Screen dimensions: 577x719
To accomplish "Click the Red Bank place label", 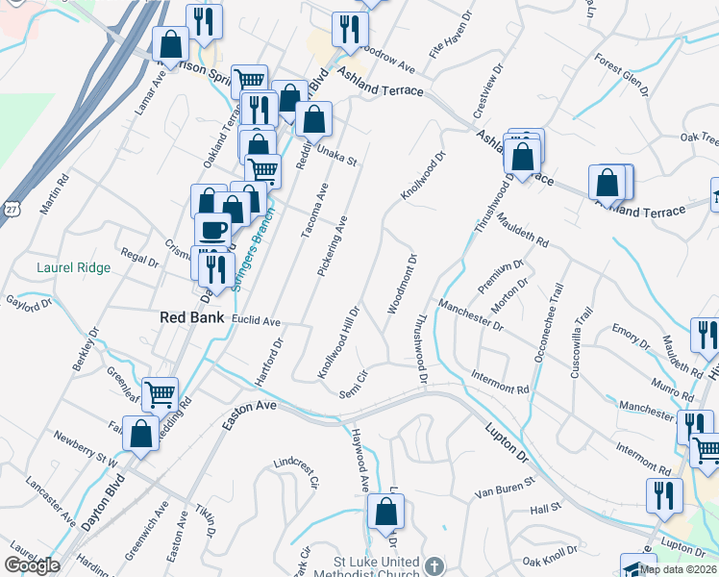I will click(192, 317).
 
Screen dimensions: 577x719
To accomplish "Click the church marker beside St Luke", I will click(434, 565).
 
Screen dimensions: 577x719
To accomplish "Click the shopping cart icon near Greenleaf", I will click(161, 393).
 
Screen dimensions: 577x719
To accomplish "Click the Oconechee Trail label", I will click(551, 327).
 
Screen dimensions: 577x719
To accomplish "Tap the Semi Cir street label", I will click(354, 384).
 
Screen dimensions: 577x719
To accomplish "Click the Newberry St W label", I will click(85, 449).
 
